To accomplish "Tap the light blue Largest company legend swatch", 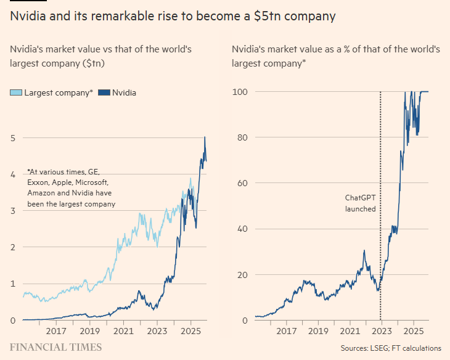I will [x=16, y=93].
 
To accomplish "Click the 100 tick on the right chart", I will [x=239, y=92].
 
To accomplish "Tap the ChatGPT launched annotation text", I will [x=360, y=203].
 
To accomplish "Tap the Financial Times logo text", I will [x=55, y=348].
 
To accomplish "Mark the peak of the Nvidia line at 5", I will [x=205, y=137].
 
